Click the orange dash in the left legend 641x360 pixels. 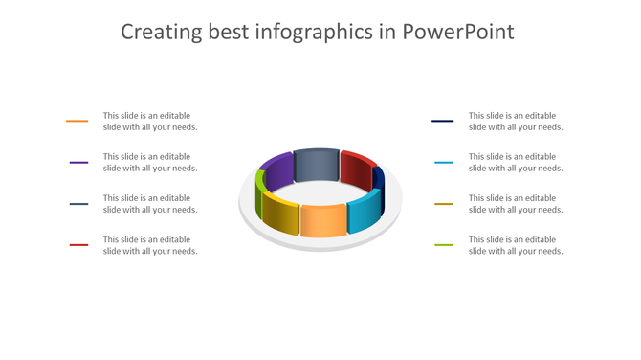pos(77,122)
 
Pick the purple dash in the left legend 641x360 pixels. pos(78,163)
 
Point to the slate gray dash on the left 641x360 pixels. pos(78,204)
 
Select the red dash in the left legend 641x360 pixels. pos(78,245)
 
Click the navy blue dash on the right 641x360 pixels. pos(442,122)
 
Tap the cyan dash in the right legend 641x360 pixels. pos(443,163)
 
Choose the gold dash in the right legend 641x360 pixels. pos(443,204)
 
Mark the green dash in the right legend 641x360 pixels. pos(443,245)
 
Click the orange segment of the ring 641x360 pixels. pos(323,220)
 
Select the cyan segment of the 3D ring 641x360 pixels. pos(364,214)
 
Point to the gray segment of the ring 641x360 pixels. pos(317,164)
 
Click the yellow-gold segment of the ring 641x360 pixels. pos(280,214)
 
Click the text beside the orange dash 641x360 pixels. pos(150,122)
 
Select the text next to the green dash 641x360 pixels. pos(516,245)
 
